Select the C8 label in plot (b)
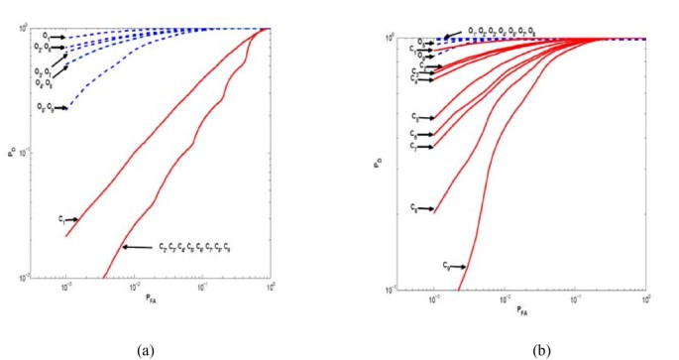coord(413,209)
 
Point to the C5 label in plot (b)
coord(413,117)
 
